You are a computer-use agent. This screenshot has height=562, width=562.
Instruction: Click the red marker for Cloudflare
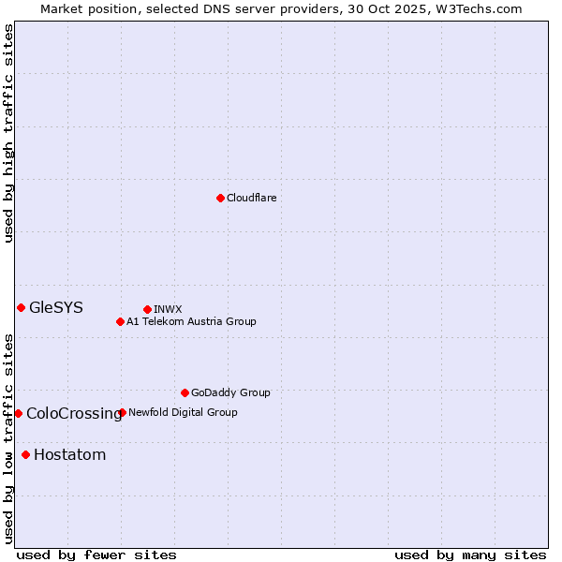pyautogui.click(x=220, y=198)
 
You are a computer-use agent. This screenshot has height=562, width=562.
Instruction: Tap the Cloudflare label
pyautogui.click(x=251, y=198)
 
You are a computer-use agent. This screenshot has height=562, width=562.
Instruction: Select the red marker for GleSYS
pyautogui.click(x=21, y=307)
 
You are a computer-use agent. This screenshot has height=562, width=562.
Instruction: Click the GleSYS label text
pyautogui.click(x=56, y=307)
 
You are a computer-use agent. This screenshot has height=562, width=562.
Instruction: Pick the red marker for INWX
pyautogui.click(x=147, y=309)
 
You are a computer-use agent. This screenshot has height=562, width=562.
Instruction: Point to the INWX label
pyautogui.click(x=168, y=309)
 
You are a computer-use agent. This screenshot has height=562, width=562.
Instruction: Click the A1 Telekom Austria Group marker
pyautogui.click(x=120, y=321)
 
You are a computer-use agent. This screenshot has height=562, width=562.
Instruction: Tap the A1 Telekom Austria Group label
pyautogui.click(x=191, y=321)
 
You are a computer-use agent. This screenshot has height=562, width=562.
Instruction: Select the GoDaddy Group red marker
pyautogui.click(x=185, y=392)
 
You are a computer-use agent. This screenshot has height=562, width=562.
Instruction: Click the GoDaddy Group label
pyautogui.click(x=230, y=392)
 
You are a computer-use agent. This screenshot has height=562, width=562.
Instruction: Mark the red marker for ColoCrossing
pyautogui.click(x=18, y=413)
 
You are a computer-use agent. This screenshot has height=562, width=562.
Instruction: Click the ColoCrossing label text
pyautogui.click(x=74, y=413)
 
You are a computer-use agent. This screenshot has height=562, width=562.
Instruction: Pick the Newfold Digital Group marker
pyautogui.click(x=122, y=412)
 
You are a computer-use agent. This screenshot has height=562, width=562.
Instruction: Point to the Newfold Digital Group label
pyautogui.click(x=183, y=412)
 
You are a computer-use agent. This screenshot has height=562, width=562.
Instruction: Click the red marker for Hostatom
pyautogui.click(x=25, y=455)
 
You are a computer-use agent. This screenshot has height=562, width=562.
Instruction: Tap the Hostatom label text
pyautogui.click(x=69, y=455)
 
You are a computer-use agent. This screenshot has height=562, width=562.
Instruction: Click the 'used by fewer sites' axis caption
pyautogui.click(x=96, y=555)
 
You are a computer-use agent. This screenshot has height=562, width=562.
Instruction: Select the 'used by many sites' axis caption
pyautogui.click(x=470, y=555)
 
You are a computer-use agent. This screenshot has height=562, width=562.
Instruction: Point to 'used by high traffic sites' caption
pyautogui.click(x=8, y=133)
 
